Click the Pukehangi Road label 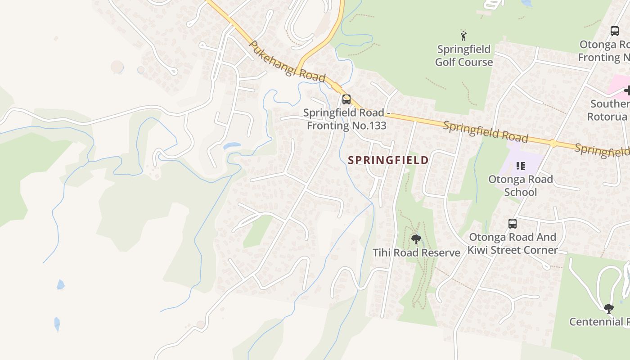287,62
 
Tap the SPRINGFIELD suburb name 388,160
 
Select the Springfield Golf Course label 463,55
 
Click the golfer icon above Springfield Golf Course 463,36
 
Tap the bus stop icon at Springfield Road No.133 346,99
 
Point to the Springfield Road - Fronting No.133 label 345,119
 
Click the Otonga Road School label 520,186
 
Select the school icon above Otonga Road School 521,166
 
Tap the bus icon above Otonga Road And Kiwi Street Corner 512,223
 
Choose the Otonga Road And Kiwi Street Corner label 512,243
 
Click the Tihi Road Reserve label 416,253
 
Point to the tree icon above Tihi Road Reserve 416,238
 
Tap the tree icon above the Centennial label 608,308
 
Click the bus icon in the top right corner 614,31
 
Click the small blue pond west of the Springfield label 232,146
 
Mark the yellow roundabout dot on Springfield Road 553,144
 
